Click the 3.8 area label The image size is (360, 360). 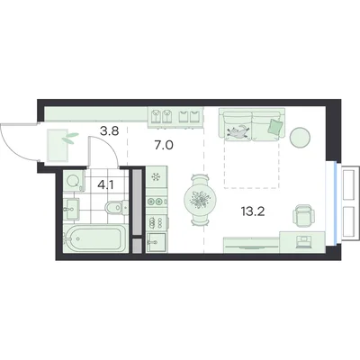110,131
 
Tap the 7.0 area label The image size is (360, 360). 164,146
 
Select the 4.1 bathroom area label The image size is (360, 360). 106,185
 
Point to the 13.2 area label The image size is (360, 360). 252,211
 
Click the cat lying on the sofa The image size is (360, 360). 238,132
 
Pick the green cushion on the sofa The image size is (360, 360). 275,127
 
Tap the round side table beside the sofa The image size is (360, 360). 300,137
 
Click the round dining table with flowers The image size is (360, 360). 200,199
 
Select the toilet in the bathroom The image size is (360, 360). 116,207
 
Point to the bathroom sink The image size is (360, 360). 71,209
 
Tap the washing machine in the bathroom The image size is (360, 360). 73,181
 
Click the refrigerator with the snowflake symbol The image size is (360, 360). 157,177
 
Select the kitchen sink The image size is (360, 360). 157,243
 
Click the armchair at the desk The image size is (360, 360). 303,215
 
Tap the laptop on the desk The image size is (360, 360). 303,242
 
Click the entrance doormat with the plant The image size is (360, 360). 58,145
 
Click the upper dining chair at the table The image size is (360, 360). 200,178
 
